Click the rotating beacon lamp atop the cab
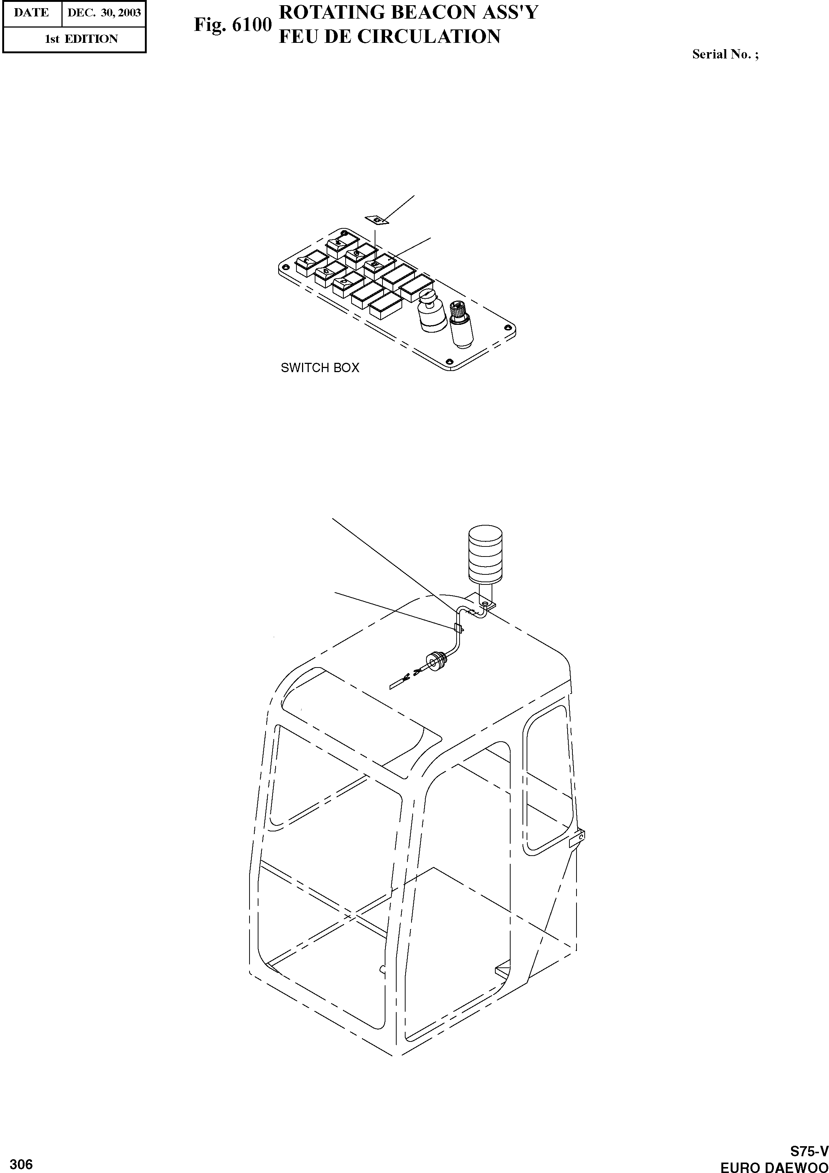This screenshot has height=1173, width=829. pos(485,554)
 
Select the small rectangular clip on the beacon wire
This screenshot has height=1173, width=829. pos(458,628)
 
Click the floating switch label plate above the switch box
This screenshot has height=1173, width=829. pos(377,220)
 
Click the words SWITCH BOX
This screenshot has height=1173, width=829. pos(320,368)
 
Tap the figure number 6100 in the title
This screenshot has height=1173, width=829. pos(252,25)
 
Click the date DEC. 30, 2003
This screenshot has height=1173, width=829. pos(104,13)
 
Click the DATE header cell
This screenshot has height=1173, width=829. pos(32,13)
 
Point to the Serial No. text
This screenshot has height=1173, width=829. pos(725,54)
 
